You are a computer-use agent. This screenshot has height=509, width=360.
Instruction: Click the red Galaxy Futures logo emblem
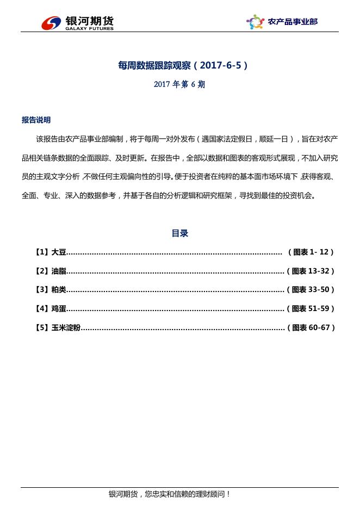click(52, 22)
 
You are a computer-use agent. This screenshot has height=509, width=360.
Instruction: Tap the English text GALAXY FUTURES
click(89, 28)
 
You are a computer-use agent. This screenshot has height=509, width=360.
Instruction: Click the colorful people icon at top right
click(255, 22)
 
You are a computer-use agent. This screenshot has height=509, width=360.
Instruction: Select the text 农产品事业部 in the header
click(293, 22)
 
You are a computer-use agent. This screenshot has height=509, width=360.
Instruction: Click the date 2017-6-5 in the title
click(221, 65)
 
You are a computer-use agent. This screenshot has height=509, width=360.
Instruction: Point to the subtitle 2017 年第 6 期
click(179, 84)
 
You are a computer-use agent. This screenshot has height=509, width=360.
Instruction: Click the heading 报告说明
click(36, 120)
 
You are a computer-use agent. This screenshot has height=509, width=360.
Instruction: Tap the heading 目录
click(180, 233)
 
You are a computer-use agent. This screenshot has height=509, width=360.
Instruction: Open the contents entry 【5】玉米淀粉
click(58, 327)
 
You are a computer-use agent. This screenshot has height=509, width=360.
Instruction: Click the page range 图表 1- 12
click(313, 252)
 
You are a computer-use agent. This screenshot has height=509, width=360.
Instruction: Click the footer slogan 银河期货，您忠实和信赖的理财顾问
click(170, 494)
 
